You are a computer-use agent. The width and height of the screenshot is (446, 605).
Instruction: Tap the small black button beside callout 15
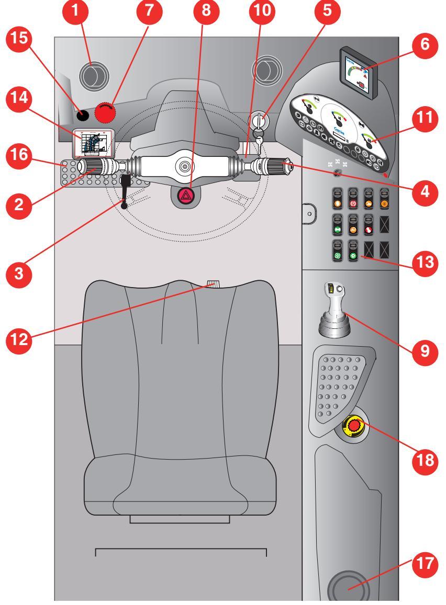coord(82,113)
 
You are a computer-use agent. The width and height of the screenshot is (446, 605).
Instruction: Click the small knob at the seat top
coord(214,284)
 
